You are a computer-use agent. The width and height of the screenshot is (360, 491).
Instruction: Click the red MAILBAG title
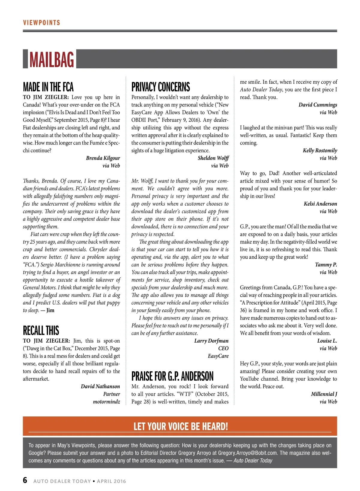tap(52, 59)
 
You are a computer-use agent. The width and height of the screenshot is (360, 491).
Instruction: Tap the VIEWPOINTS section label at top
tap(41, 23)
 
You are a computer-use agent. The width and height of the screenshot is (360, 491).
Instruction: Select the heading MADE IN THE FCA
tap(48, 87)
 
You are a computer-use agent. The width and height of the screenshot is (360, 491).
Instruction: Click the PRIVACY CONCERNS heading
tap(160, 87)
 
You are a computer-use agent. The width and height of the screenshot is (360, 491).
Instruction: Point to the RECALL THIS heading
tap(41, 330)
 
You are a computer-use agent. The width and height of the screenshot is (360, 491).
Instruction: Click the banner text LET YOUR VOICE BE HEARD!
tap(181, 426)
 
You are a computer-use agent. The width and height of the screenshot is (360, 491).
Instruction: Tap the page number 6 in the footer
tap(25, 480)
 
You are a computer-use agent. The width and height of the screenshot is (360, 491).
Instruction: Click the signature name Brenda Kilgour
tap(103, 158)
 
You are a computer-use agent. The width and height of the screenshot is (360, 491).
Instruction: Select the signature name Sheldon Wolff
tap(213, 158)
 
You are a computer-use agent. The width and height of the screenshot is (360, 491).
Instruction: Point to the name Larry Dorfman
tap(211, 341)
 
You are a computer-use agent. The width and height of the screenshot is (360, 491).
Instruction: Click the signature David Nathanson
tap(100, 386)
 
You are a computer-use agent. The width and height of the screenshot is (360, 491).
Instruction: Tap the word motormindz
tap(106, 402)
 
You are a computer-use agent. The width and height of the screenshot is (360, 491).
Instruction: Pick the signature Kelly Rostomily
tap(320, 150)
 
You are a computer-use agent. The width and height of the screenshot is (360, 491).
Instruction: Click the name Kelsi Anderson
tap(320, 204)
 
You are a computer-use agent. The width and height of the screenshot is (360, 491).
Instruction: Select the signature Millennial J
tap(324, 394)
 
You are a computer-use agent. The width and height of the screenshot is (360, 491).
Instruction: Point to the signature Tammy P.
tap(326, 265)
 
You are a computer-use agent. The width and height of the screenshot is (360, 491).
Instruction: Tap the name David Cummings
tap(318, 105)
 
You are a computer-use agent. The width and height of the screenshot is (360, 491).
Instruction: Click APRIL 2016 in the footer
tap(111, 481)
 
